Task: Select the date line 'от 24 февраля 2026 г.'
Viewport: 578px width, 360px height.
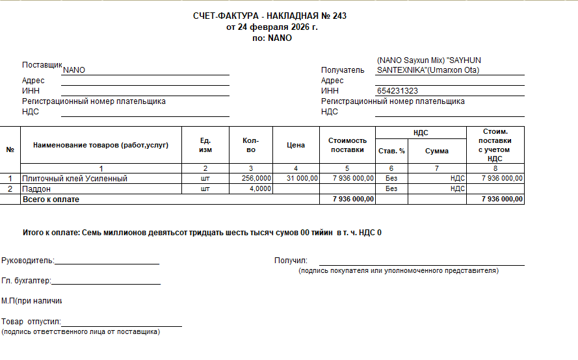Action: click(272, 27)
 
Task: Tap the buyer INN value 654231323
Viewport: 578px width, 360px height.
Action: click(397, 91)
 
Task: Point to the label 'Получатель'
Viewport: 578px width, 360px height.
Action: click(343, 70)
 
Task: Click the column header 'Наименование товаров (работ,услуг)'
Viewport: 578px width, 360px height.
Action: click(101, 145)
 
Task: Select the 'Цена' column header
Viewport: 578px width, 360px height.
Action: click(296, 145)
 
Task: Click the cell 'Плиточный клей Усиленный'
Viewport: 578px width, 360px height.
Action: click(75, 178)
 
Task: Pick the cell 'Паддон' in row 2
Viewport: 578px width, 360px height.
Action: click(36, 188)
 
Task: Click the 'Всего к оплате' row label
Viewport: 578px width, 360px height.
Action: click(51, 199)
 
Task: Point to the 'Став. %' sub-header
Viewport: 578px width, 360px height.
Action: click(391, 151)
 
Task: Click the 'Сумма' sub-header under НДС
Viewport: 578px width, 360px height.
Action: click(437, 151)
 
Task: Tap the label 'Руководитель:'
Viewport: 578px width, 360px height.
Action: click(28, 261)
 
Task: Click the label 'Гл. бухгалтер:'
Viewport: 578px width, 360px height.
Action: click(26, 281)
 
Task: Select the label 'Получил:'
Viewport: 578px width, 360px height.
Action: click(291, 261)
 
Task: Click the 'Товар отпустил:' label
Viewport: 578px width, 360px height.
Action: click(31, 322)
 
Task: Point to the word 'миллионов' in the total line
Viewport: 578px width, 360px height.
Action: click(123, 232)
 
